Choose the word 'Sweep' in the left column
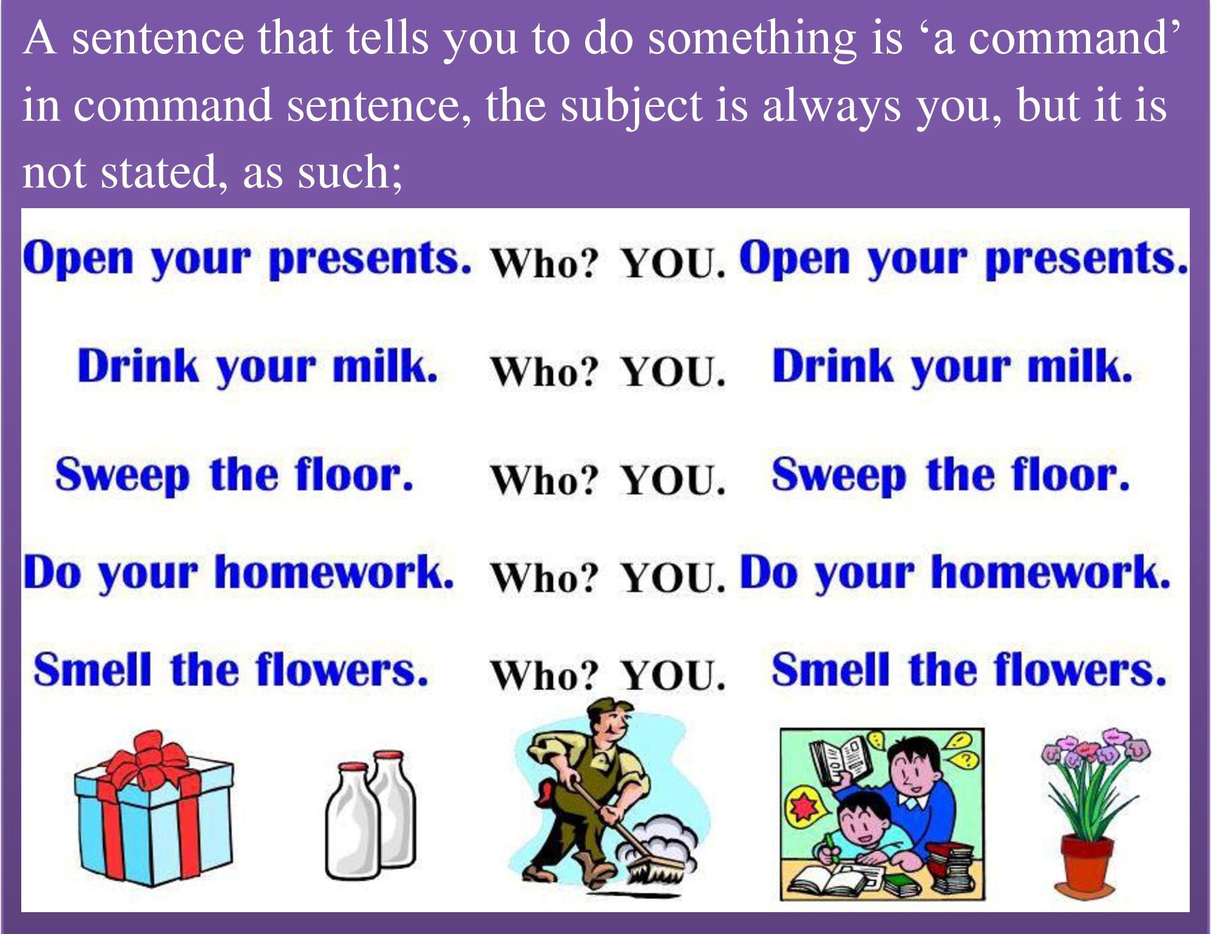coord(122,475)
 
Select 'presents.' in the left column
coord(370,259)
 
